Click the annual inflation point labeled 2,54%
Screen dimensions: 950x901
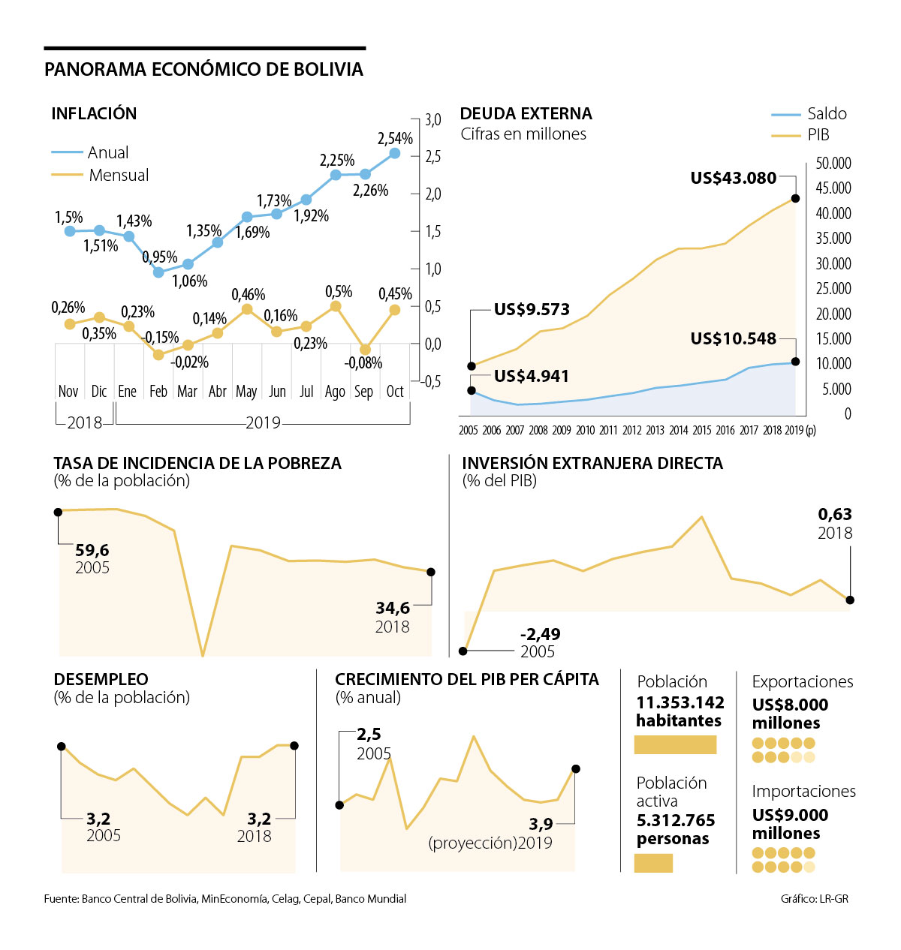click(395, 153)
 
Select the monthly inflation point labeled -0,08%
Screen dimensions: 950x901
click(365, 350)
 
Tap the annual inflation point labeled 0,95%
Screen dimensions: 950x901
click(158, 272)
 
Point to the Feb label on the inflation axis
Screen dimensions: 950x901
click(158, 392)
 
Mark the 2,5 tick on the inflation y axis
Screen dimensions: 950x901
click(432, 157)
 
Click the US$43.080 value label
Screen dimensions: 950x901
click(733, 179)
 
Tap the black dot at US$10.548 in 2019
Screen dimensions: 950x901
click(796, 362)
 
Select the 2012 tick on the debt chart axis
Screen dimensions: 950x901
click(632, 431)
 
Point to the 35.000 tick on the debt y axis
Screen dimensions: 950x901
click(833, 239)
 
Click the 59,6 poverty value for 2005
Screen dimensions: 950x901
click(92, 551)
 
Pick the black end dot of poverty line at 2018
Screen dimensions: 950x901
click(431, 572)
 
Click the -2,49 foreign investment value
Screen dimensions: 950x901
click(540, 634)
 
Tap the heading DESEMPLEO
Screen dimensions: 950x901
click(101, 680)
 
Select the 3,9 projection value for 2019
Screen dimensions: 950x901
click(541, 824)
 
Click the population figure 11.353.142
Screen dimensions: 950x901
click(680, 703)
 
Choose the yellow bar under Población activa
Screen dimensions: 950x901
click(653, 863)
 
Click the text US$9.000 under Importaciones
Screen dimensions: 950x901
click(790, 816)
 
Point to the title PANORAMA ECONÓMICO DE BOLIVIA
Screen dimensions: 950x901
click(203, 70)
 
